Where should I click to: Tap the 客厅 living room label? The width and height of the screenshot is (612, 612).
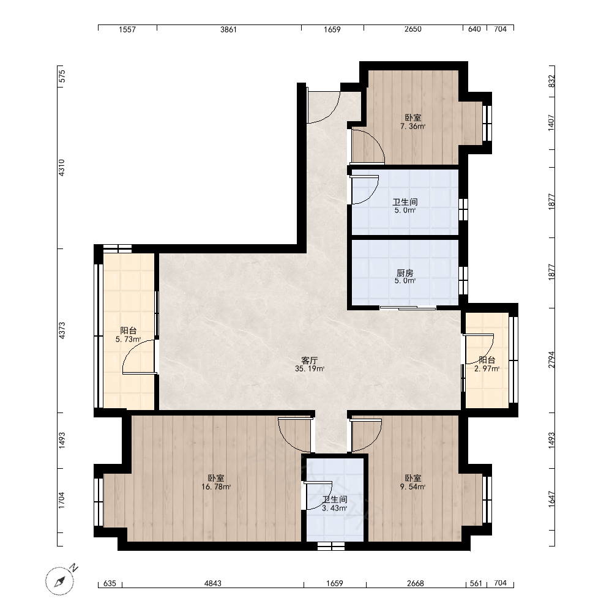[x=310, y=360]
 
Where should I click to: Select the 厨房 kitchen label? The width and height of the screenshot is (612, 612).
[x=405, y=273]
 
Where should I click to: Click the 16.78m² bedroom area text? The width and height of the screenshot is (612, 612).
[x=216, y=487]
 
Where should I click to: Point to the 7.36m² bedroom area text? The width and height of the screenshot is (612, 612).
[x=412, y=126]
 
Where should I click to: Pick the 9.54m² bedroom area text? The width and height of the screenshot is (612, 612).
[x=412, y=487]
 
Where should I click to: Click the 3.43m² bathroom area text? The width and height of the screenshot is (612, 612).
[x=335, y=508]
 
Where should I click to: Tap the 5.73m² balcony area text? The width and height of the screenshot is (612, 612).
[x=128, y=339]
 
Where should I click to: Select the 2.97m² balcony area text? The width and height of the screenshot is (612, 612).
[x=487, y=368]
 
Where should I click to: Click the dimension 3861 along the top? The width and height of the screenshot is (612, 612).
[x=228, y=29]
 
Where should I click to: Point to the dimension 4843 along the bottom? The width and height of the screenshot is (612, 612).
[x=213, y=583]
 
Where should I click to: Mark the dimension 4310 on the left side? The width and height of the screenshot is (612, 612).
[x=62, y=168]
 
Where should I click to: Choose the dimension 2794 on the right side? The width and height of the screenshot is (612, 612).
[x=551, y=359]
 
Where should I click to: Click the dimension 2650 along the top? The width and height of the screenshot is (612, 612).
[x=413, y=29]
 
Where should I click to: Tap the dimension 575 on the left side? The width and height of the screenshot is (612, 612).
[x=62, y=76]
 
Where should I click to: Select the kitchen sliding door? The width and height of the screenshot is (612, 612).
[x=408, y=308]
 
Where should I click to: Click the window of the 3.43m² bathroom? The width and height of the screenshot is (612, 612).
[x=331, y=546]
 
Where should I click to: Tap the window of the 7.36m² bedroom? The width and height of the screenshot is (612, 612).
[x=487, y=123]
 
